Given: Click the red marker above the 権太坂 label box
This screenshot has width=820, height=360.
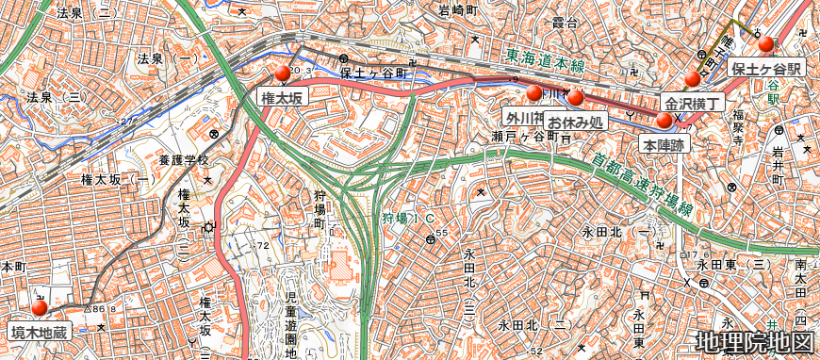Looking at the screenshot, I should click(282, 74).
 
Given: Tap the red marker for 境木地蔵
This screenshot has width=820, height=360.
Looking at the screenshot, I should click(39, 308).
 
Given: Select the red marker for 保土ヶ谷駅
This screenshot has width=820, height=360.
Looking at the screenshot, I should click(765, 44).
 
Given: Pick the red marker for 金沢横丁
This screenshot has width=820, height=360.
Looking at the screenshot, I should click(694, 78).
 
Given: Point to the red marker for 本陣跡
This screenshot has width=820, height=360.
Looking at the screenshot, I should click(664, 121).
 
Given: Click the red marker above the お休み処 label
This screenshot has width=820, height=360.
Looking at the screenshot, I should click(576, 98).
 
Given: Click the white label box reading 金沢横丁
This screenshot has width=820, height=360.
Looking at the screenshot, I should click(694, 103).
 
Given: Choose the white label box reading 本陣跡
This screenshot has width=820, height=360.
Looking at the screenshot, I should click(664, 144).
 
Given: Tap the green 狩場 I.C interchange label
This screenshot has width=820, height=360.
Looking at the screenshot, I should click(407, 219).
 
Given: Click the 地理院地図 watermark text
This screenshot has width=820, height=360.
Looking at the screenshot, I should click(754, 342).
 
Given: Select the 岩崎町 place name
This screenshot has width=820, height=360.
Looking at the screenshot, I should click(460, 11).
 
